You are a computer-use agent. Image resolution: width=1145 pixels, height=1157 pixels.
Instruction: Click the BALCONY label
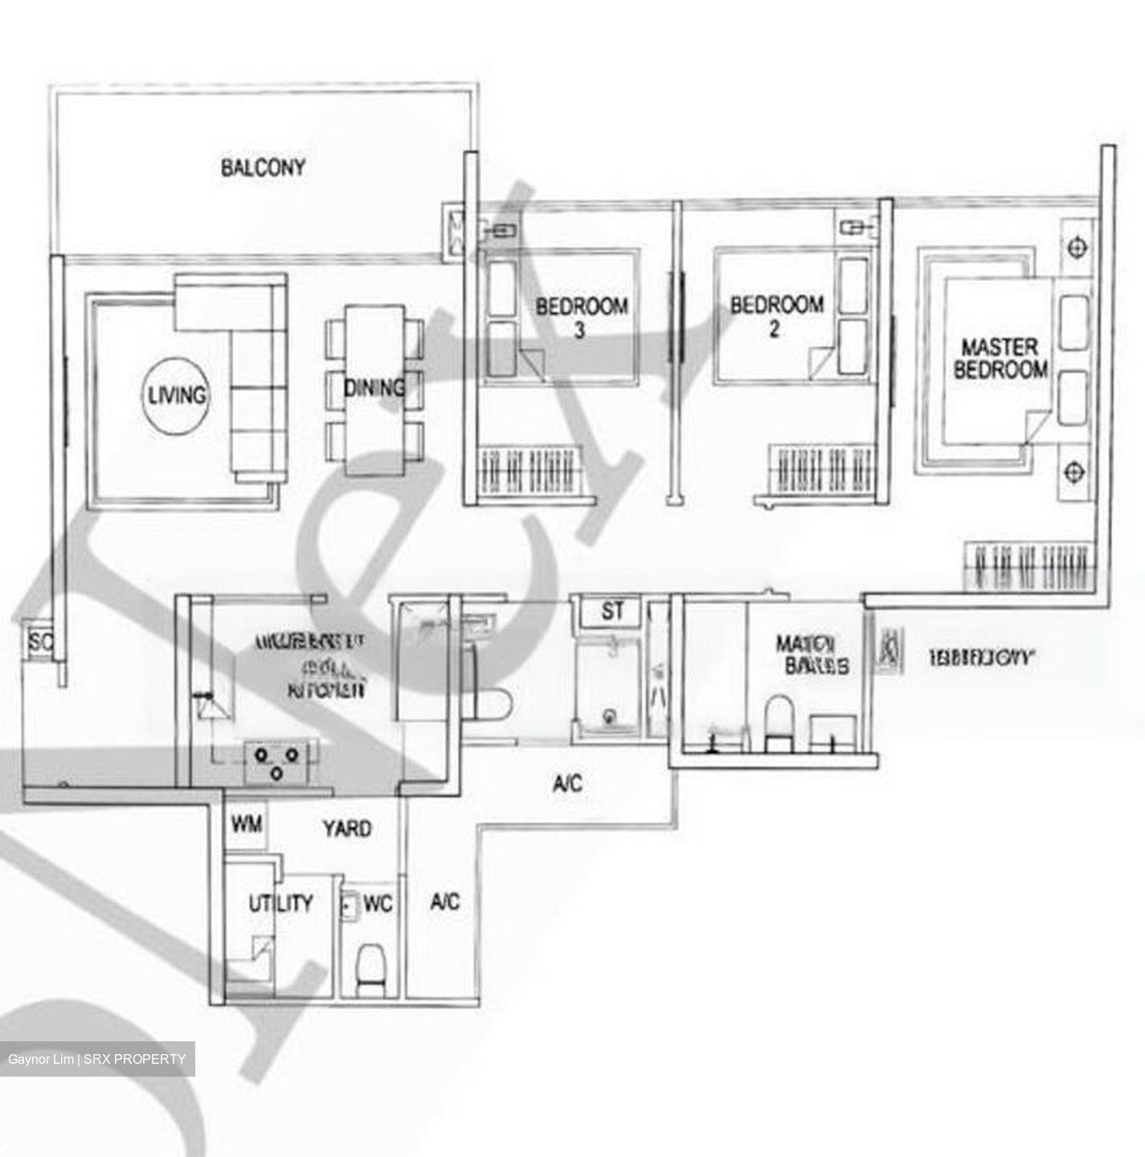point(263,168)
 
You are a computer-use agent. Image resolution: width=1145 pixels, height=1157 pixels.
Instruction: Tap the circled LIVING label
point(176,395)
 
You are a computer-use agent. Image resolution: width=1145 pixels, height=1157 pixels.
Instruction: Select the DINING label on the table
point(374,388)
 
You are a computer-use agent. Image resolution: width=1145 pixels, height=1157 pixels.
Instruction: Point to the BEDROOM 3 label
point(582,317)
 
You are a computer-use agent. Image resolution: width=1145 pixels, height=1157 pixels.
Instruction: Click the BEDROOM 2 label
point(776,316)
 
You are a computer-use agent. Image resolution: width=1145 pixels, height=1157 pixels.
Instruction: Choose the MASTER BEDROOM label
point(1000,358)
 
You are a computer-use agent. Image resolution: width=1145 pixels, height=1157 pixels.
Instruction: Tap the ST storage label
point(612,611)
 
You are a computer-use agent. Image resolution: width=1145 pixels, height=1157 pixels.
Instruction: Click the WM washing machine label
point(246,824)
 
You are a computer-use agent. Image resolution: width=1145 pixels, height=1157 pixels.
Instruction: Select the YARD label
point(347,828)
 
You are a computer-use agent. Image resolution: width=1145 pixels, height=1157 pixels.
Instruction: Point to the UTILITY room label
point(280,903)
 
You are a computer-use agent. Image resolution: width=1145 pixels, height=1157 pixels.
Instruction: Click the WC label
point(377,904)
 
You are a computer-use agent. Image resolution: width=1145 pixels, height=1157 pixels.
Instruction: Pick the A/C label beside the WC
point(444,901)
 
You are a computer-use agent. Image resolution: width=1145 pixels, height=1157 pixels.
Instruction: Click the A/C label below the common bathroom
point(567,783)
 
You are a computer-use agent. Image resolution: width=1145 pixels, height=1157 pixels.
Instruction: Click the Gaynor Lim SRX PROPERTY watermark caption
point(96,1059)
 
